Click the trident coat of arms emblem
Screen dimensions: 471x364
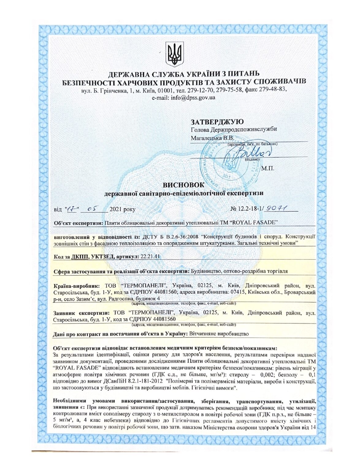(175, 54)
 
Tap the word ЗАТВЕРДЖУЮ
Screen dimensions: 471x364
(217, 122)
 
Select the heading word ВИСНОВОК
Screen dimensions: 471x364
(183, 185)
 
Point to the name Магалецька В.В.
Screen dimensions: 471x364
(212, 138)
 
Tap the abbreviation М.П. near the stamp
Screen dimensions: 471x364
(268, 168)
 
